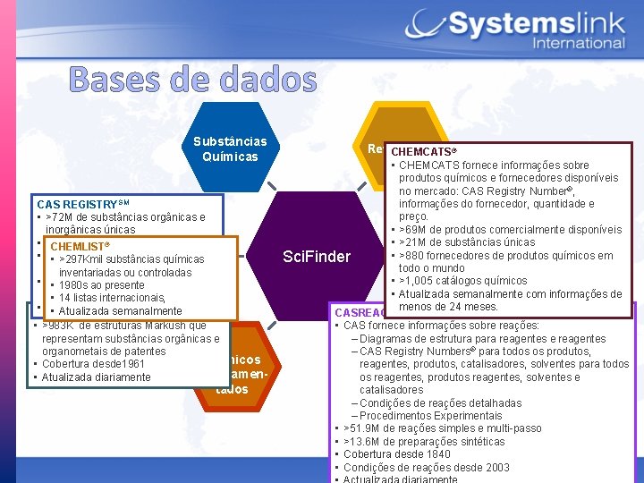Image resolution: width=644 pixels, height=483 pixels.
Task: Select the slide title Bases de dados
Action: (191, 80)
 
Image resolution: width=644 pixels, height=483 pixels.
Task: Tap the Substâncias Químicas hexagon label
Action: (230, 149)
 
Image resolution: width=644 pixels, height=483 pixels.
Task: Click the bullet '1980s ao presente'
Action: (102, 285)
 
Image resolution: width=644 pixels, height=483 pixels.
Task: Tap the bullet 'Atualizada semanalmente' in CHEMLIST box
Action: (120, 310)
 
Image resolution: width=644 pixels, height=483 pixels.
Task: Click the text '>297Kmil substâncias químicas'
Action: (131, 259)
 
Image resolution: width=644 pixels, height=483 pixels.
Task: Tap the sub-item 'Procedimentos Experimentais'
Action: (418, 416)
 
